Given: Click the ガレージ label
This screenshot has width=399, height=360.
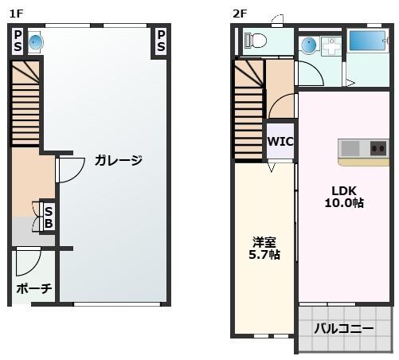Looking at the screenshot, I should [x=118, y=161].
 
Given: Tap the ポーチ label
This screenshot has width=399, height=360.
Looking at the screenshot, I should [x=33, y=288].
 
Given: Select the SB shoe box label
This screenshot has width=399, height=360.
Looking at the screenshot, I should [x=49, y=217].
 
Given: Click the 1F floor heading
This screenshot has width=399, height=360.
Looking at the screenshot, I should [x=15, y=12].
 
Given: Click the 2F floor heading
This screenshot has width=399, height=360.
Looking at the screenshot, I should [x=239, y=12].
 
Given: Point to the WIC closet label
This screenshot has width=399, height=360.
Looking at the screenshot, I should [x=280, y=142].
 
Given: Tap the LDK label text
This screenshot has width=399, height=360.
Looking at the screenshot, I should [x=345, y=190].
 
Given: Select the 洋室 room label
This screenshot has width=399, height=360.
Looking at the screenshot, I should [x=264, y=241].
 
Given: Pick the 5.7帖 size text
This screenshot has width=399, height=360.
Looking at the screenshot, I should [x=266, y=255].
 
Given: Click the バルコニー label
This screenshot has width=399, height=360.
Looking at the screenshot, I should [x=343, y=327].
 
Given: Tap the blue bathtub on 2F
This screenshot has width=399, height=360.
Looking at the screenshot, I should [x=367, y=41].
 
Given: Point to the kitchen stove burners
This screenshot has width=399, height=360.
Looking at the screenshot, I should [x=377, y=147].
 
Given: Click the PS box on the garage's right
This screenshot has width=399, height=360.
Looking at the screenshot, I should [x=160, y=41].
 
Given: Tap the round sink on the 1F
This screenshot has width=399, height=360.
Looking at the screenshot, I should [x=36, y=41].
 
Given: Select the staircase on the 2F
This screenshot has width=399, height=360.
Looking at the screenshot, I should [x=248, y=112].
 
